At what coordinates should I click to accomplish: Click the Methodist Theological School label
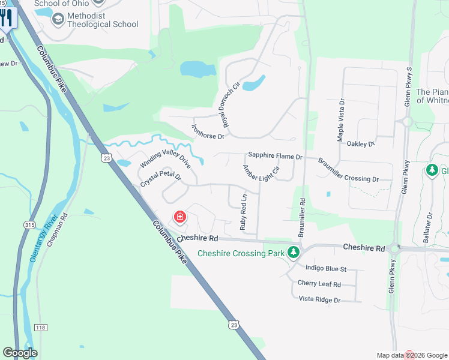(103, 20)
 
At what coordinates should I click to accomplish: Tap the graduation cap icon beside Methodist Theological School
(58, 20)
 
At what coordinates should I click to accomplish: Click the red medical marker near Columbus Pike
(179, 217)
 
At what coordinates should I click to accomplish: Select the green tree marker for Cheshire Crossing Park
(294, 253)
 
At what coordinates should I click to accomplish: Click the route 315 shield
(29, 224)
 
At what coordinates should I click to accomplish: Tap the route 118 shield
(40, 326)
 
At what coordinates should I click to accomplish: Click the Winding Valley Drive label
(165, 155)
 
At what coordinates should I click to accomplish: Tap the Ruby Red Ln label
(243, 212)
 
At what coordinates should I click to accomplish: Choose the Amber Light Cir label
(261, 178)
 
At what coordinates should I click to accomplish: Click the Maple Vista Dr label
(341, 120)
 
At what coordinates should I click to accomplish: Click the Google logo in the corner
(20, 353)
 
